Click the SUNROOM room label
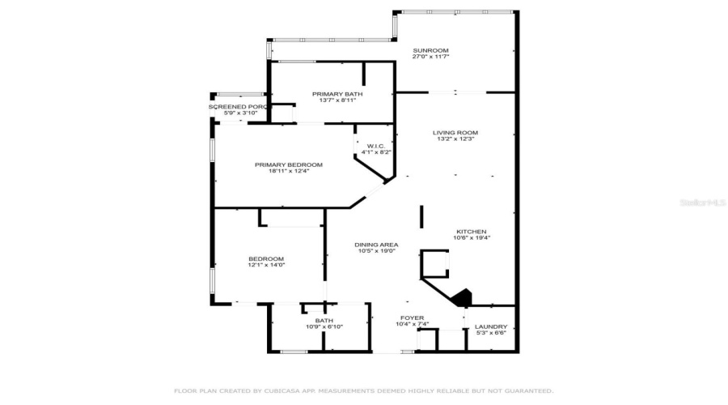(430, 50)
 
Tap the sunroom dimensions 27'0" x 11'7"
(430, 57)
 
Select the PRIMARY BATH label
(337, 94)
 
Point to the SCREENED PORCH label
(238, 107)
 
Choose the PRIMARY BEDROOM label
(288, 164)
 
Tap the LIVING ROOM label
(455, 132)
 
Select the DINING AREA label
(375, 244)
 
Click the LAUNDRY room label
(490, 326)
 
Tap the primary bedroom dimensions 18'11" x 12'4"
(288, 171)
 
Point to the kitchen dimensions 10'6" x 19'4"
(472, 237)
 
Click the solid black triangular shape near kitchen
(462, 299)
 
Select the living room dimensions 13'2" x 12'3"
(455, 139)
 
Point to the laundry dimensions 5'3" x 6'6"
(490, 333)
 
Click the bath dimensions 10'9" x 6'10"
(324, 326)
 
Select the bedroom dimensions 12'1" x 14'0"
(265, 265)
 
